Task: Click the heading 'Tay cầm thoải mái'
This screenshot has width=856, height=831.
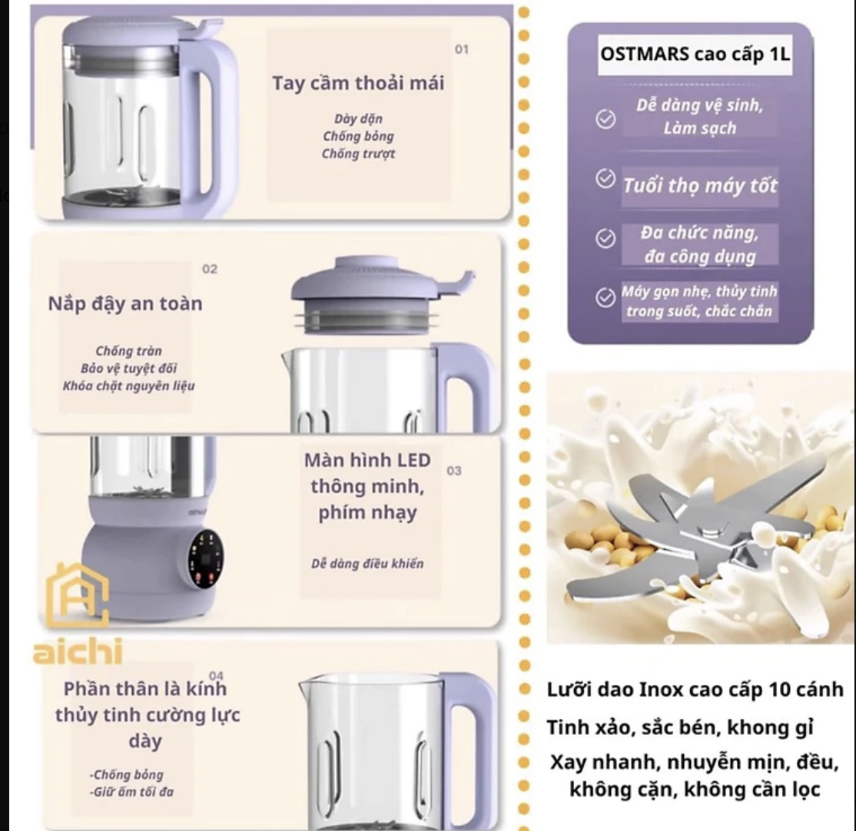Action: click(358, 84)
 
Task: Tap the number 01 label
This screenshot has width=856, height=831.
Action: click(462, 49)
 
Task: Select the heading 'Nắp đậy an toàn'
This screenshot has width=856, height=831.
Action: click(125, 304)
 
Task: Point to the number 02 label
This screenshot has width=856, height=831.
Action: click(210, 269)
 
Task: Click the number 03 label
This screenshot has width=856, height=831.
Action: click(453, 470)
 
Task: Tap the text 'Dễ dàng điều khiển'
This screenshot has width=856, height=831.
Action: click(367, 564)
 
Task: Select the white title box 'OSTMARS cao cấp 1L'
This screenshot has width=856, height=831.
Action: click(695, 55)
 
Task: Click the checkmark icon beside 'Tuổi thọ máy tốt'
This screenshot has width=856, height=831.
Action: click(605, 178)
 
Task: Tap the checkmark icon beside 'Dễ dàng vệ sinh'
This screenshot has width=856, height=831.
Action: click(605, 119)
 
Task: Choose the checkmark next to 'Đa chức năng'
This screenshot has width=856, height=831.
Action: click(605, 238)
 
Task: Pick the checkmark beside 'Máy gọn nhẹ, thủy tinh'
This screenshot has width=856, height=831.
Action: click(605, 298)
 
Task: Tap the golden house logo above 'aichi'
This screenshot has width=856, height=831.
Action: click(78, 594)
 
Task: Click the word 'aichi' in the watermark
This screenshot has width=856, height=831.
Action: click(78, 651)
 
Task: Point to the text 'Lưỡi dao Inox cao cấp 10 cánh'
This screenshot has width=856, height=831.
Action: click(695, 690)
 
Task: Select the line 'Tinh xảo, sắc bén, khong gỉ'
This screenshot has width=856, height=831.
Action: click(680, 727)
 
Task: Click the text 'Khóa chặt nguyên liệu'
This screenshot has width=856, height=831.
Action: click(129, 386)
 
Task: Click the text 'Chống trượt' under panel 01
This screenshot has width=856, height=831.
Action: click(358, 154)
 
